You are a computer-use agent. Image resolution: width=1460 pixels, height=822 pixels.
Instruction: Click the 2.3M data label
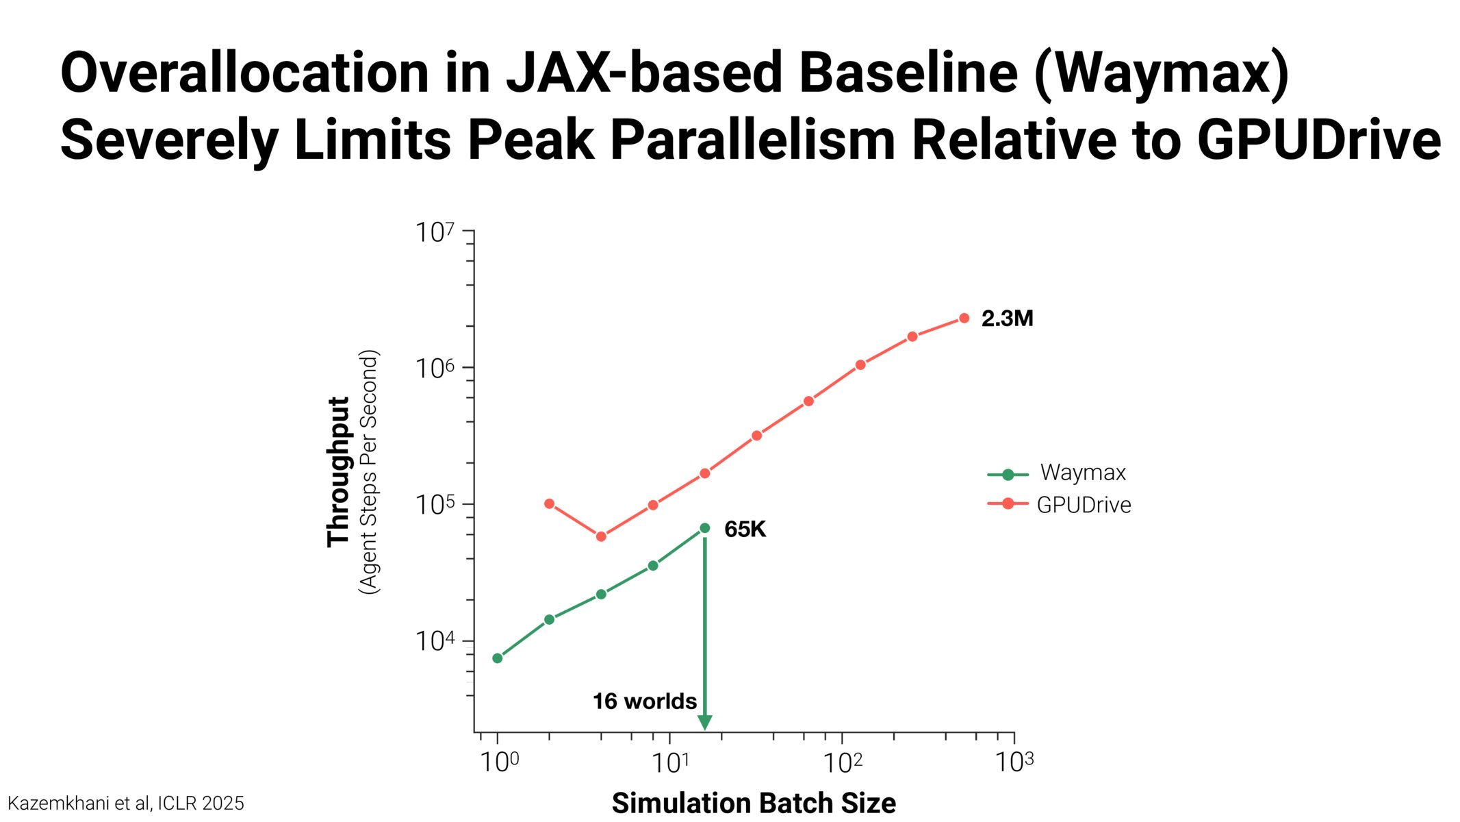(x=1007, y=319)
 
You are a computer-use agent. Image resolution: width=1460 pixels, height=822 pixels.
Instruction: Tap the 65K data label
(x=745, y=530)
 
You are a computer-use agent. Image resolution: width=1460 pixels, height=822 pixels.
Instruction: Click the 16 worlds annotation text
(x=644, y=701)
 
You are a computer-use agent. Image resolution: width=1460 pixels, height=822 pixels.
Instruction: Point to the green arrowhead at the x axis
(x=704, y=723)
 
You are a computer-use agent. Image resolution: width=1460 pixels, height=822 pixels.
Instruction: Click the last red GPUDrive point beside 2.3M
(x=964, y=318)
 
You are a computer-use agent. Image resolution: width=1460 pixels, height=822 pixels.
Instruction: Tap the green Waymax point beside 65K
(x=704, y=528)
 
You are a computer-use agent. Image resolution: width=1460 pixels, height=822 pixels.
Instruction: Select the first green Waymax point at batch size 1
(x=498, y=658)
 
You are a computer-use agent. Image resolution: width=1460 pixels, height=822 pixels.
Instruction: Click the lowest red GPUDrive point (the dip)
(x=601, y=536)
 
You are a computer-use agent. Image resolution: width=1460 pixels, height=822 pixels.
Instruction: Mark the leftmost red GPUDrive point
(x=549, y=504)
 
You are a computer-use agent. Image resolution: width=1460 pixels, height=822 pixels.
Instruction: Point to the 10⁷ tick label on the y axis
(x=435, y=233)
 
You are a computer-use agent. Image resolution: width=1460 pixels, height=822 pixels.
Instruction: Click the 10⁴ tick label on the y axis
(x=435, y=642)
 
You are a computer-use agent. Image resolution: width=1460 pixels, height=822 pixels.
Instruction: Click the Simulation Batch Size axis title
(x=754, y=803)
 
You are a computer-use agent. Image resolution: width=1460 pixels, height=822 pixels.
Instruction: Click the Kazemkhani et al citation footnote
(x=126, y=804)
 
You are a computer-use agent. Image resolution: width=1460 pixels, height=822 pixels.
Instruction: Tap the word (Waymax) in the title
(x=1161, y=73)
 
